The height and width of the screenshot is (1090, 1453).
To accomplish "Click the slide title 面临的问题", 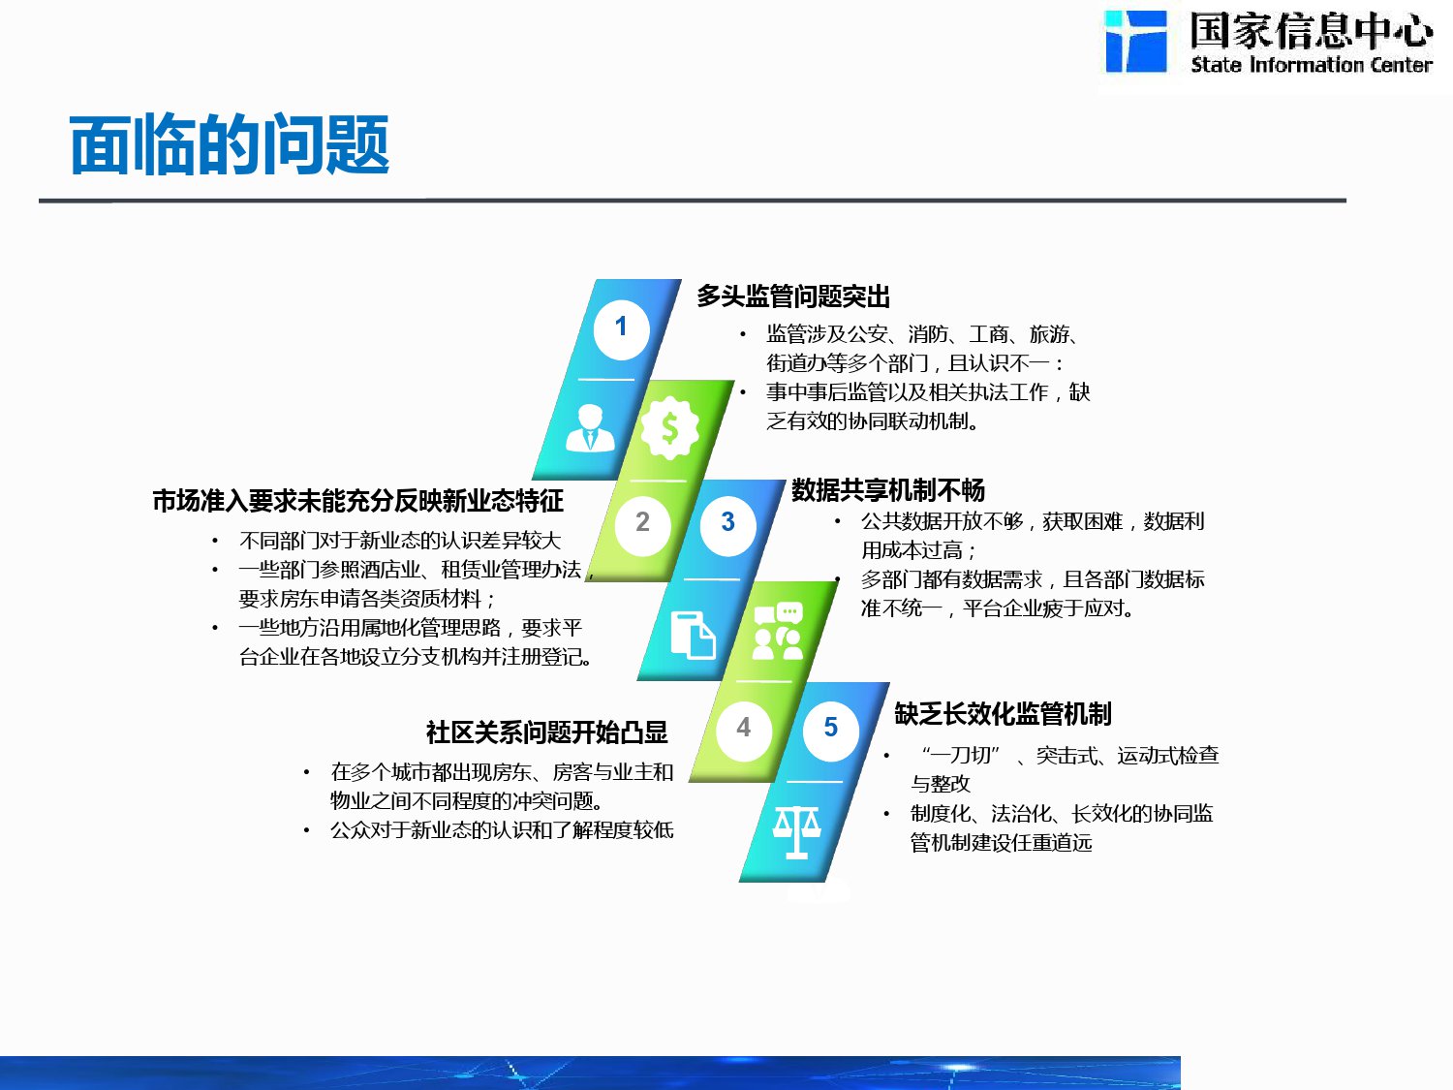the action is click(x=229, y=143).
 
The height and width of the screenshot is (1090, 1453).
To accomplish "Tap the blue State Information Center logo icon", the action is click(x=1136, y=41).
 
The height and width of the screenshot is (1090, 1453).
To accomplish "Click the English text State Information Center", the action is click(x=1312, y=64).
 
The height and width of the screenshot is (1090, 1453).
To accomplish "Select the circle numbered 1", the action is click(x=621, y=328).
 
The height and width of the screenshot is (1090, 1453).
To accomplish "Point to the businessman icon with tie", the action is click(x=589, y=427).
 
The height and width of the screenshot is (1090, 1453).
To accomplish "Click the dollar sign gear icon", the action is click(x=670, y=427).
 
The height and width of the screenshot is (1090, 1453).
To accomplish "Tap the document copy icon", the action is click(x=693, y=636).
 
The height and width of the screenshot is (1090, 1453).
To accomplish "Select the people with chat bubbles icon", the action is click(x=778, y=631).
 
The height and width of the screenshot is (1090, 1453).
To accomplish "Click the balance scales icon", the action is click(x=797, y=832).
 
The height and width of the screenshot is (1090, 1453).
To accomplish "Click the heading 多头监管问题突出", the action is click(x=793, y=296).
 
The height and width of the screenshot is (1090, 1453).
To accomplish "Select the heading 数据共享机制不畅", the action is click(x=888, y=490).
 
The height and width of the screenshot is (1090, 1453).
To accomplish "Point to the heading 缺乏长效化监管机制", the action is click(x=1003, y=713).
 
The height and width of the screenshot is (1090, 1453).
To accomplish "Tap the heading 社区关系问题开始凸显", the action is click(x=546, y=732).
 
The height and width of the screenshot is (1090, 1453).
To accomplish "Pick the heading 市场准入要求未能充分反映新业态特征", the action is click(x=357, y=500).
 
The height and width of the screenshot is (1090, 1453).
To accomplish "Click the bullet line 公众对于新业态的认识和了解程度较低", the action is click(x=502, y=830).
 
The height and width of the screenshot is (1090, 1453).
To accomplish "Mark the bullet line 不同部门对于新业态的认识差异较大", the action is click(x=400, y=541).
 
